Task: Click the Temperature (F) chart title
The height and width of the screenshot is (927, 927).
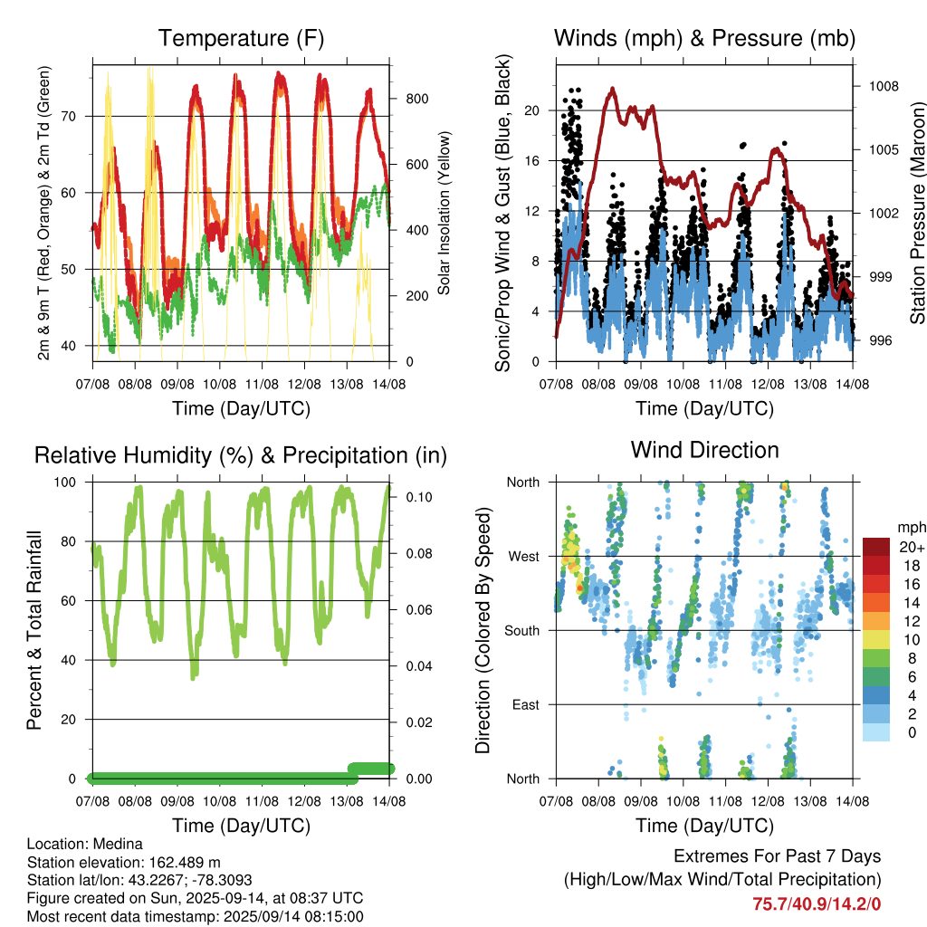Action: (x=241, y=38)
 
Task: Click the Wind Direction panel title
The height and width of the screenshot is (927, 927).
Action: (x=704, y=450)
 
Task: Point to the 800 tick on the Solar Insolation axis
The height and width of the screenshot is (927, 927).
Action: (x=416, y=99)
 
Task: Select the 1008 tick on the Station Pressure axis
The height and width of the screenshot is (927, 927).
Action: (x=884, y=86)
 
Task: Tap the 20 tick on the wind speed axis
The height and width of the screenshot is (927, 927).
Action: (x=531, y=110)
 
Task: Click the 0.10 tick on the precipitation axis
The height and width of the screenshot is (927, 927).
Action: (x=419, y=497)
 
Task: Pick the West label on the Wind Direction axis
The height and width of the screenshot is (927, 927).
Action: (x=524, y=557)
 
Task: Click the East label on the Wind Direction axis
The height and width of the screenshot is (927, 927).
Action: (x=526, y=704)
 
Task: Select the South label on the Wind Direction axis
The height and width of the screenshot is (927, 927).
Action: (x=522, y=631)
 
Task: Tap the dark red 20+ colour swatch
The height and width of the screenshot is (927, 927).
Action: (x=876, y=547)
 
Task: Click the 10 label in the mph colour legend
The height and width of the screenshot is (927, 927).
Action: (x=912, y=640)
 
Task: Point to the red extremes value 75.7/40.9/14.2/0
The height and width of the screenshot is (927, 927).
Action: (x=817, y=904)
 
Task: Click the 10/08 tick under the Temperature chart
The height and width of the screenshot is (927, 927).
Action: (x=219, y=384)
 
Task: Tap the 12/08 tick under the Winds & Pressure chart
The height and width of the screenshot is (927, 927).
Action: (x=768, y=384)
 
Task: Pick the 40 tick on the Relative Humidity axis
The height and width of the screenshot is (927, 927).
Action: (x=69, y=660)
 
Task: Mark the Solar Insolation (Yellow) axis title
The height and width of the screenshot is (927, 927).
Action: (x=444, y=213)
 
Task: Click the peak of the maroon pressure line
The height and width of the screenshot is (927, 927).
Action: (x=613, y=89)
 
